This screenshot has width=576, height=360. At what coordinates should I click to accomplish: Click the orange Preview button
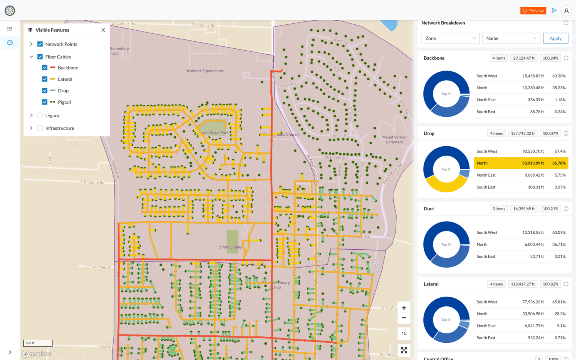pyautogui.click(x=533, y=11)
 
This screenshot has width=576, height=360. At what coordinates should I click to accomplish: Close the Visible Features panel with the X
pyautogui.click(x=103, y=30)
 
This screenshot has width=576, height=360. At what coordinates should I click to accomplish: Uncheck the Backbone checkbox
pyautogui.click(x=45, y=68)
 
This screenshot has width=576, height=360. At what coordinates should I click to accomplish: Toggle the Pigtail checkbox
pyautogui.click(x=45, y=102)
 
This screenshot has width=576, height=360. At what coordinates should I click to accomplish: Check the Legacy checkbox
pyautogui.click(x=40, y=115)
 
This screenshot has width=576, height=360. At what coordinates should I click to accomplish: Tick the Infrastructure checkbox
pyautogui.click(x=40, y=128)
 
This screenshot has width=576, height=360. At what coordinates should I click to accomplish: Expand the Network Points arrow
pyautogui.click(x=31, y=44)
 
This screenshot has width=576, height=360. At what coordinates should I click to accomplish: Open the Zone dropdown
pyautogui.click(x=450, y=38)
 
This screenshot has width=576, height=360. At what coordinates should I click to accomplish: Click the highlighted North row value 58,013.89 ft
pyautogui.click(x=533, y=163)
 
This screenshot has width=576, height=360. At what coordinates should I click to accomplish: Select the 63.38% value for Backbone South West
pyautogui.click(x=559, y=76)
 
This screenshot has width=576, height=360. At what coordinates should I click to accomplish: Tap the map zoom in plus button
pyautogui.click(x=404, y=308)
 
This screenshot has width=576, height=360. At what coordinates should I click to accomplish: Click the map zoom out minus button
pyautogui.click(x=404, y=318)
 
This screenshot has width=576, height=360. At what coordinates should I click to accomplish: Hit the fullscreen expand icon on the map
pyautogui.click(x=404, y=350)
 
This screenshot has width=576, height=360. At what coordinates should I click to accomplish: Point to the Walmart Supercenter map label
pyautogui.click(x=205, y=71)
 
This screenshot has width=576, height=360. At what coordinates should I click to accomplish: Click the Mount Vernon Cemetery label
pyautogui.click(x=394, y=139)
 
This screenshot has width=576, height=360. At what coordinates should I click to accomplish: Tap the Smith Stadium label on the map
pyautogui.click(x=231, y=247)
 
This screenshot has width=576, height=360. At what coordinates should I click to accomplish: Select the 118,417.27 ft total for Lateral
pyautogui.click(x=523, y=284)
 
